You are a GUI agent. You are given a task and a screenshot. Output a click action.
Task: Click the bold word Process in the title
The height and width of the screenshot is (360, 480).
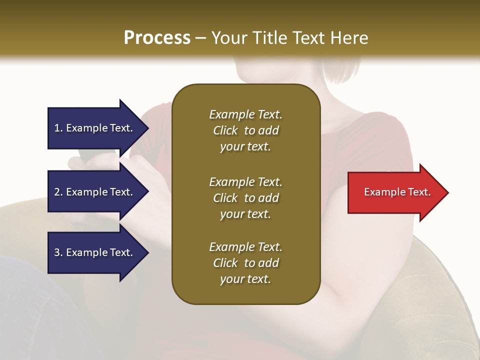pyautogui.click(x=157, y=38)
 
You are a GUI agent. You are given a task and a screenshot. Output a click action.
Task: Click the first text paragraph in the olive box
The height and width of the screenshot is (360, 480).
pyautogui.click(x=245, y=130)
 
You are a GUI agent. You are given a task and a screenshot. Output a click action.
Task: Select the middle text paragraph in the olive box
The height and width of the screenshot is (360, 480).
pyautogui.click(x=245, y=198)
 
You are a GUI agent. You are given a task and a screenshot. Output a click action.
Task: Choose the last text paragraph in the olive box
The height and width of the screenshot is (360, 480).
pyautogui.click(x=245, y=263)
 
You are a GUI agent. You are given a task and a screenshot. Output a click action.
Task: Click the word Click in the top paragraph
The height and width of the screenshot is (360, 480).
pyautogui.click(x=225, y=130)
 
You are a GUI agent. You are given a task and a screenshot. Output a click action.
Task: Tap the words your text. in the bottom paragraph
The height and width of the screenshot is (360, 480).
pyautogui.click(x=245, y=279)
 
